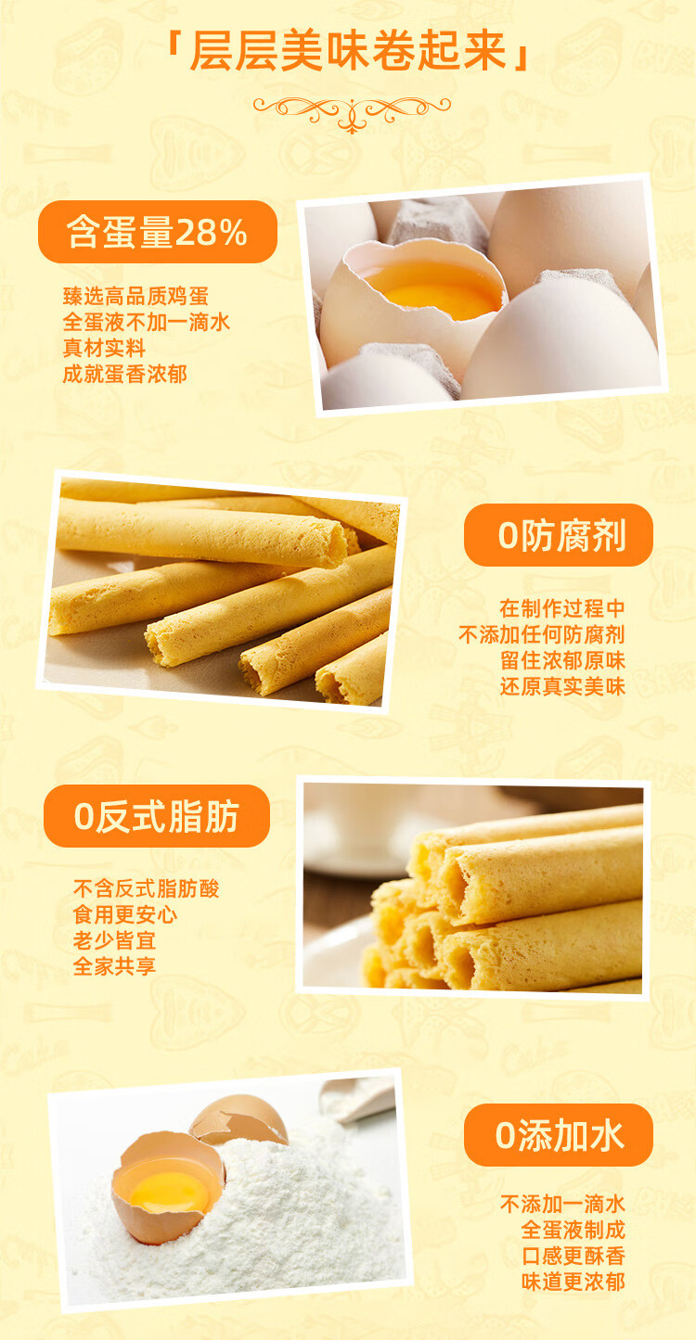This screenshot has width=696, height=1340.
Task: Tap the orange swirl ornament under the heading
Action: [352, 112]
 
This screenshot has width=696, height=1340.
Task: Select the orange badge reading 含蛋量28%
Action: [158, 232]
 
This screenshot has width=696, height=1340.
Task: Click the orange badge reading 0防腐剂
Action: [559, 535]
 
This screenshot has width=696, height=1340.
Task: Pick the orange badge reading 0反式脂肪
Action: [157, 816]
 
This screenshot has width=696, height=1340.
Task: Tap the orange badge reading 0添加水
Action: [559, 1135]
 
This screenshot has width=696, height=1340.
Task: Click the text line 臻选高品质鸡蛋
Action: [135, 297]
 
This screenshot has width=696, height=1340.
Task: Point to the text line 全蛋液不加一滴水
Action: [147, 323]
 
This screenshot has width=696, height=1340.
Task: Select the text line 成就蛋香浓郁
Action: [125, 375]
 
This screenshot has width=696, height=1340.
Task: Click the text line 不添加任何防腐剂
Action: [542, 634]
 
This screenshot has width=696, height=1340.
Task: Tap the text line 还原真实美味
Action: [562, 687]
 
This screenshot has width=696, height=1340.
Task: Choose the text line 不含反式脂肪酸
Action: [146, 889]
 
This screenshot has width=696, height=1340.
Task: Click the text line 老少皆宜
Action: [114, 941]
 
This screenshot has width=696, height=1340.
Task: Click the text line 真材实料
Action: [104, 349]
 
